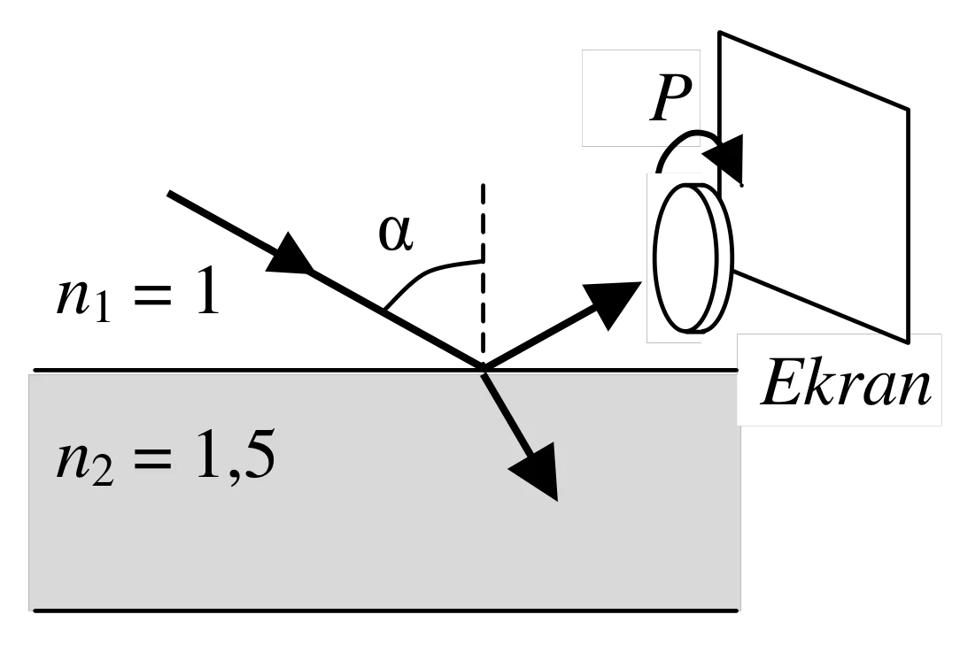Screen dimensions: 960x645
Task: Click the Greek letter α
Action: tap(396, 234)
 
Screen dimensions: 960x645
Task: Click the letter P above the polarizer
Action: tap(670, 98)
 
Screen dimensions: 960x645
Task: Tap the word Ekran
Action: tap(846, 382)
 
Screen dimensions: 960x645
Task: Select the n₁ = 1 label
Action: tap(138, 296)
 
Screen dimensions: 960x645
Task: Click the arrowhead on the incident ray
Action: tap(289, 254)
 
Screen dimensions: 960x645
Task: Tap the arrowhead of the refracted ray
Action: tap(537, 471)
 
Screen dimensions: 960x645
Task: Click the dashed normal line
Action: tap(483, 274)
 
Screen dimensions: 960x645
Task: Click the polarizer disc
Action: tap(693, 259)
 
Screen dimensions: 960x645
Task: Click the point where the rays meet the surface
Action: tap(483, 368)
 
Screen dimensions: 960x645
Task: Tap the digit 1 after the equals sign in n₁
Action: tap(208, 295)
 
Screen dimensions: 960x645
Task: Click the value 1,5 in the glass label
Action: tap(236, 456)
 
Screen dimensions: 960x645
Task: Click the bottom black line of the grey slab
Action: tap(386, 610)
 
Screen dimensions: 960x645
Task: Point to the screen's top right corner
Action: tap(909, 110)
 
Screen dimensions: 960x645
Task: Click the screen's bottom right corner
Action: tap(908, 342)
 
